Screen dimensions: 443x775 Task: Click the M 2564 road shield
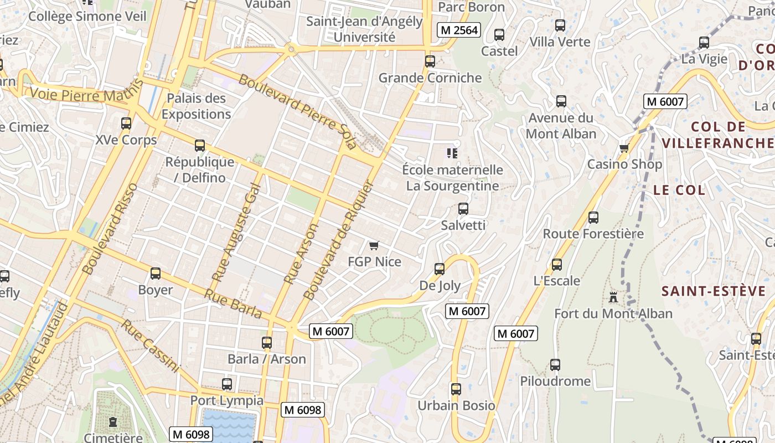coord(458,30)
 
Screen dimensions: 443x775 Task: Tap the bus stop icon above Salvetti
coord(463,209)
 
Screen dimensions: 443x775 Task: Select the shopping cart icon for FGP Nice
coord(374,245)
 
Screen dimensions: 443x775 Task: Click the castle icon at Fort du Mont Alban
coord(613,297)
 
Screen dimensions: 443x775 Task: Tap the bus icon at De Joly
coord(440,269)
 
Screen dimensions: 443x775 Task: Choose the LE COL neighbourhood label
coord(679,190)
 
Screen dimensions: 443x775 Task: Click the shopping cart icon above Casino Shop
coord(624,148)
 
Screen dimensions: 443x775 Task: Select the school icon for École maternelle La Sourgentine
coord(452,153)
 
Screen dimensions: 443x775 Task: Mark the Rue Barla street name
coord(233,304)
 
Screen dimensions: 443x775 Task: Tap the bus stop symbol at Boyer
coord(156,274)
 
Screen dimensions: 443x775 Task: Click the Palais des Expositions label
coord(196,106)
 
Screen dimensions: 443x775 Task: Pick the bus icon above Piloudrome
coord(555,365)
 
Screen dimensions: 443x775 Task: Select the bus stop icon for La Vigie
coord(704,42)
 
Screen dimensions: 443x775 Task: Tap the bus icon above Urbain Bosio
coord(456,389)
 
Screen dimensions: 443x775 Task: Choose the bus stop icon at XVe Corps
coord(126,123)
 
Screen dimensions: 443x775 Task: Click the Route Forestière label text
coord(593,234)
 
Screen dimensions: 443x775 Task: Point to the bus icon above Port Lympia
coord(227,384)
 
